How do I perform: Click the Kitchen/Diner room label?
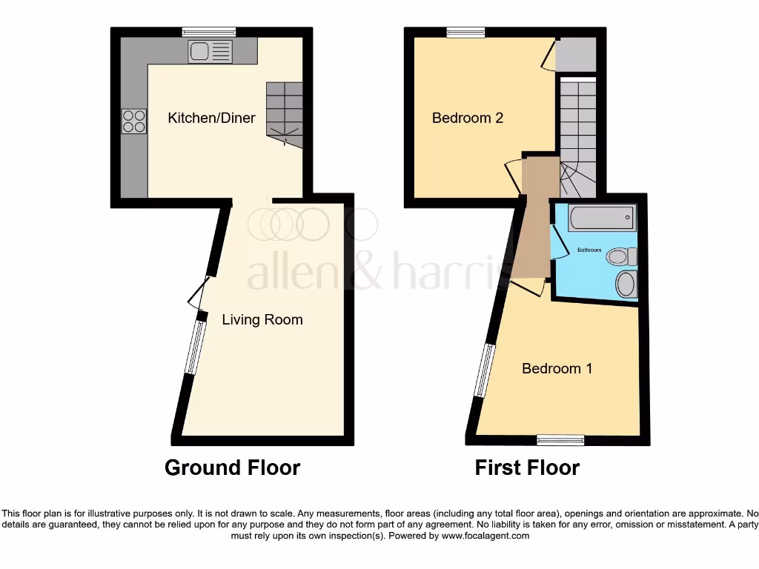[x=211, y=118]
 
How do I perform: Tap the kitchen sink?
[x=210, y=51]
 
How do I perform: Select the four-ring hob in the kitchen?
[x=133, y=122]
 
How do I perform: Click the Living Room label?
[x=262, y=320]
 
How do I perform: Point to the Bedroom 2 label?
[x=468, y=118]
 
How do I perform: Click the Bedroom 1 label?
[x=557, y=368]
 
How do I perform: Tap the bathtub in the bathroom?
[x=601, y=218]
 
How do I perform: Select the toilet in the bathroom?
[x=622, y=257]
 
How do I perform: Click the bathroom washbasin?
[x=626, y=284]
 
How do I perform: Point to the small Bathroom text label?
[x=589, y=250]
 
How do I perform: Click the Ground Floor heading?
[x=232, y=467]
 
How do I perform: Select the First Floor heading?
[x=527, y=467]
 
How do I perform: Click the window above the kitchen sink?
[x=210, y=31]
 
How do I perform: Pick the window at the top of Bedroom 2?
[x=465, y=31]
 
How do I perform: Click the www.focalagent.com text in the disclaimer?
[x=486, y=536]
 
